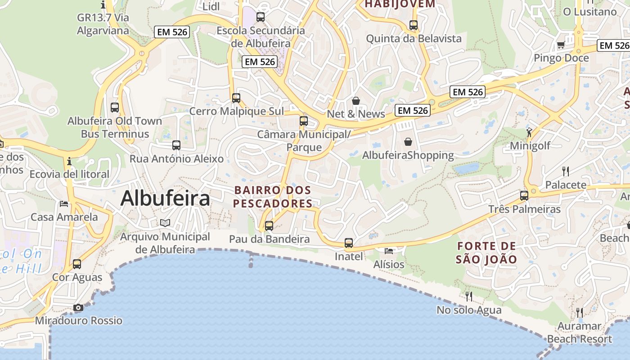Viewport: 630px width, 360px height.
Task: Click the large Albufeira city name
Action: point(165,198)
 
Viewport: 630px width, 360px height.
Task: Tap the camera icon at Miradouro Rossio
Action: point(78,308)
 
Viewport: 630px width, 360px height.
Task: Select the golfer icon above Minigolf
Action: point(529,132)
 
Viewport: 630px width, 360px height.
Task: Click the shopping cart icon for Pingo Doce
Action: point(561,45)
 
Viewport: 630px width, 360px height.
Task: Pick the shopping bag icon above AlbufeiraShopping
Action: point(408,142)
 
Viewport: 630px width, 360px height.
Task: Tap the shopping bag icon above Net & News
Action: point(356,101)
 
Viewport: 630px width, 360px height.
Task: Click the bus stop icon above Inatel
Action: point(349,243)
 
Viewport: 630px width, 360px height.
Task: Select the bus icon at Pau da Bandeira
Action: point(269,225)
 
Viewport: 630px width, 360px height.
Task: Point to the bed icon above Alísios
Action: point(389,251)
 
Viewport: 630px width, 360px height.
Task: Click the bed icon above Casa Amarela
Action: point(64,204)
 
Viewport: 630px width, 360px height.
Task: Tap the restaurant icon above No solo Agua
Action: point(469,296)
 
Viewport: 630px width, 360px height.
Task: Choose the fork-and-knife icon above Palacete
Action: point(566,171)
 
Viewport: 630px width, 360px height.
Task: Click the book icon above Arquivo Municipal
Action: point(165,223)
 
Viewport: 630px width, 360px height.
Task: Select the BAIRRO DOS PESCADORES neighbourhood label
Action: point(273,197)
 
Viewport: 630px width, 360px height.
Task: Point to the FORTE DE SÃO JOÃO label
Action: point(486,253)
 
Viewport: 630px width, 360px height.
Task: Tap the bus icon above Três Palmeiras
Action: point(524,196)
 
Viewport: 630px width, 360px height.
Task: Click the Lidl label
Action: point(211,6)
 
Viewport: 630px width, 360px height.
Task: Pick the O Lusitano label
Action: point(589,12)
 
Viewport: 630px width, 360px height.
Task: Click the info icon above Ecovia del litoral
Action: point(69,161)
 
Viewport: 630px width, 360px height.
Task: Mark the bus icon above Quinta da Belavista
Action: point(414,25)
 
